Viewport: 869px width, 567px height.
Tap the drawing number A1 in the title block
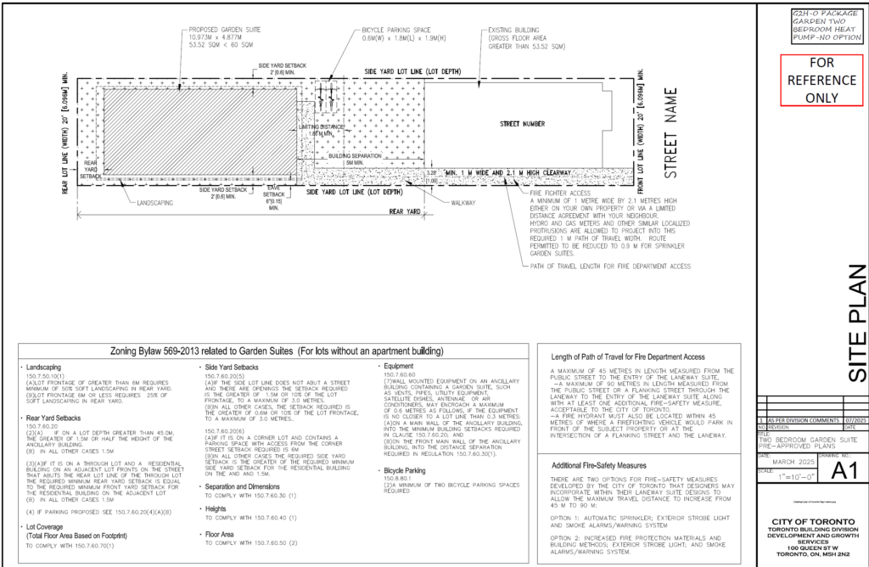tap(833, 469)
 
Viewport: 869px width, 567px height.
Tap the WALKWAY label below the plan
tap(463, 203)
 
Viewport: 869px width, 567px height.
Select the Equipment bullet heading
tap(399, 366)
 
